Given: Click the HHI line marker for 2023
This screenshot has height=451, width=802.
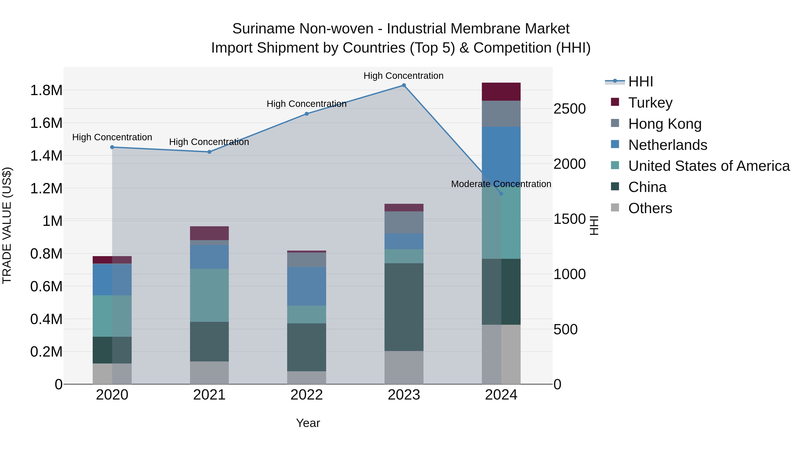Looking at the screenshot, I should pyautogui.click(x=404, y=85).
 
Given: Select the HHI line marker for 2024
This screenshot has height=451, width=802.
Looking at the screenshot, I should pyautogui.click(x=501, y=194).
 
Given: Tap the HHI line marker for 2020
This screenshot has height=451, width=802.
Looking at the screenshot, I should pyautogui.click(x=112, y=147).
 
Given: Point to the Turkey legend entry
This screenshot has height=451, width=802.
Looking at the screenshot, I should pyautogui.click(x=650, y=103).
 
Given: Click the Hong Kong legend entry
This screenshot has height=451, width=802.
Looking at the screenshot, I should pyautogui.click(x=665, y=124).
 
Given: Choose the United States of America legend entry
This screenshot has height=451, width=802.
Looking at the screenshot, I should pyautogui.click(x=709, y=166).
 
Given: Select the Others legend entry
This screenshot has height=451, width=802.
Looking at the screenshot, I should pyautogui.click(x=650, y=208).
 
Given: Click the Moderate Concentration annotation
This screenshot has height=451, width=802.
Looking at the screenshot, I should pyautogui.click(x=501, y=184).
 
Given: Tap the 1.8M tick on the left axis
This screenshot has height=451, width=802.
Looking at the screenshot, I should pyautogui.click(x=46, y=91).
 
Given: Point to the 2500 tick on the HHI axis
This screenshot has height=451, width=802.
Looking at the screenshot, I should pyautogui.click(x=569, y=109).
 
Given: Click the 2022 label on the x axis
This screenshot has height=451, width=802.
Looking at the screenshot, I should pyautogui.click(x=307, y=395).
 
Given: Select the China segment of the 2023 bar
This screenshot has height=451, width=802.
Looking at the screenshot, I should pyautogui.click(x=404, y=307).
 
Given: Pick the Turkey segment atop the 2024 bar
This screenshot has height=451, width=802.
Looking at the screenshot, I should pyautogui.click(x=501, y=92).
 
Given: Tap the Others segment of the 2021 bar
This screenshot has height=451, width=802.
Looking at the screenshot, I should pyautogui.click(x=209, y=373).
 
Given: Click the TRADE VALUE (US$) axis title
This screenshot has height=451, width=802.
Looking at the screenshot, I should pyautogui.click(x=7, y=225).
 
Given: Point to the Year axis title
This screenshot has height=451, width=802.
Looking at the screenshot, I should pyautogui.click(x=308, y=423).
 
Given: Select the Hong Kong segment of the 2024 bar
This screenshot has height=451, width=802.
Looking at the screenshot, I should pyautogui.click(x=501, y=114).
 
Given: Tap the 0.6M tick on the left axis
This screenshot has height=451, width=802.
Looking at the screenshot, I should pyautogui.click(x=46, y=287).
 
